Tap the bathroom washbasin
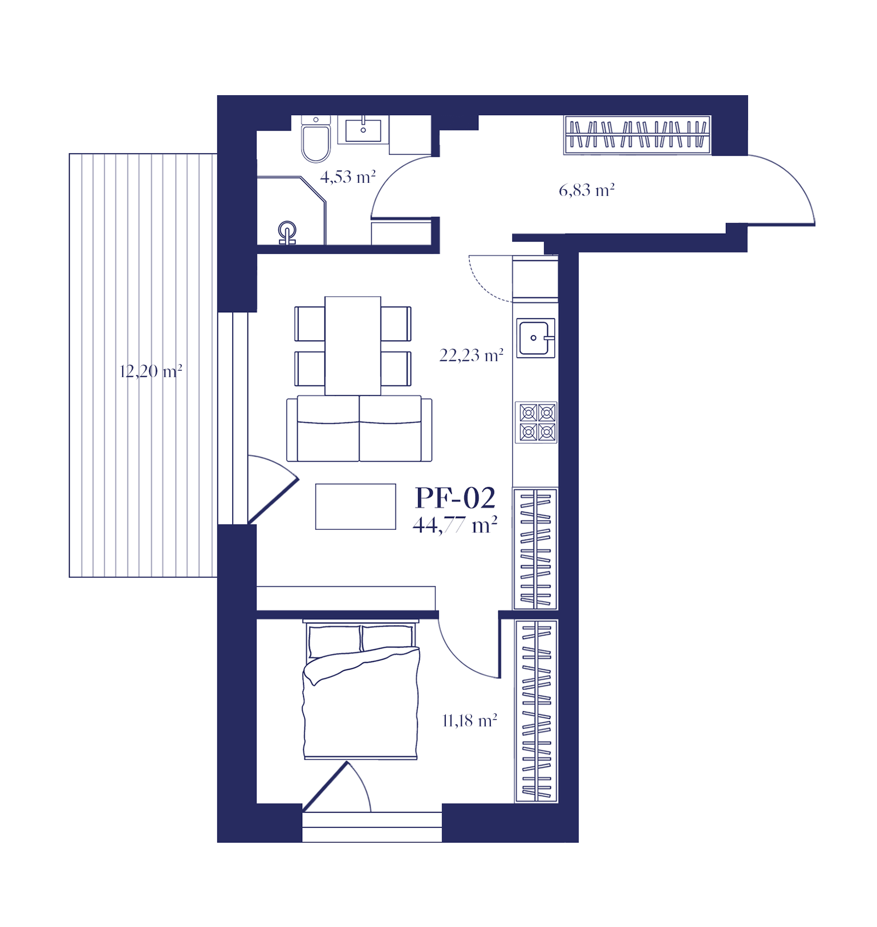pos(363,129)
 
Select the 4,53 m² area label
pos(348,177)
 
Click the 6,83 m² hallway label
pos(587,190)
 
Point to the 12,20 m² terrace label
pos(151,371)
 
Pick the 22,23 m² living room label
pos(472,356)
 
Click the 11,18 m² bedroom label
pos(470,721)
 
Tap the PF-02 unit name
pos(455,498)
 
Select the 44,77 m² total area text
pos(455,525)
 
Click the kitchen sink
pos(536,338)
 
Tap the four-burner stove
pos(537,422)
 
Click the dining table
pos(353,346)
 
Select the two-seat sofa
pos(359,428)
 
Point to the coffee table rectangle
pos(356,507)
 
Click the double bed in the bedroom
pos(361,690)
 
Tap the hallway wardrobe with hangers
pos(638,135)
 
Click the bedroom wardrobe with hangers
pos(537,711)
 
